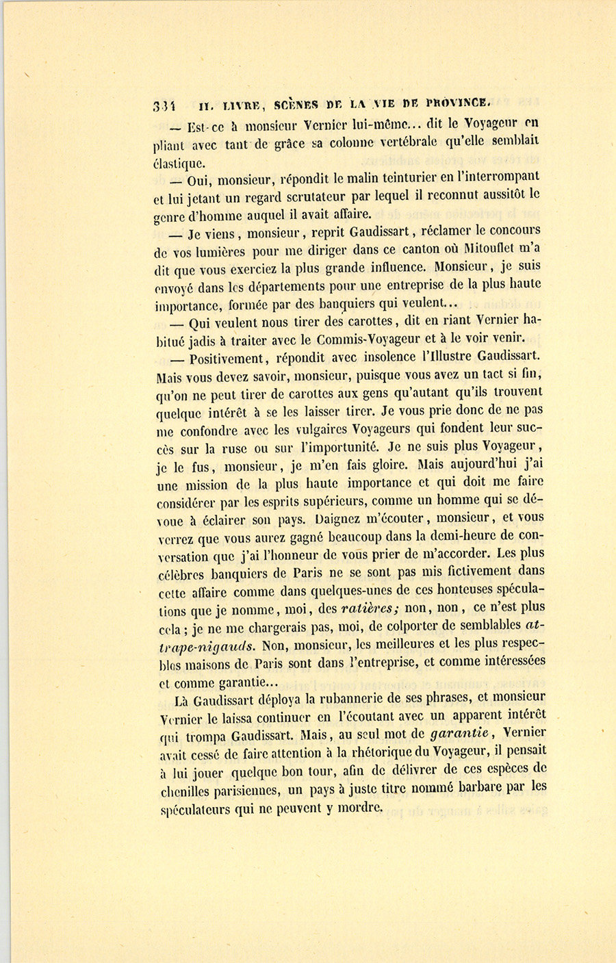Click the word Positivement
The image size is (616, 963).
point(227,358)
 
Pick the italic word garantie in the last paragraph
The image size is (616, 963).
point(461,734)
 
